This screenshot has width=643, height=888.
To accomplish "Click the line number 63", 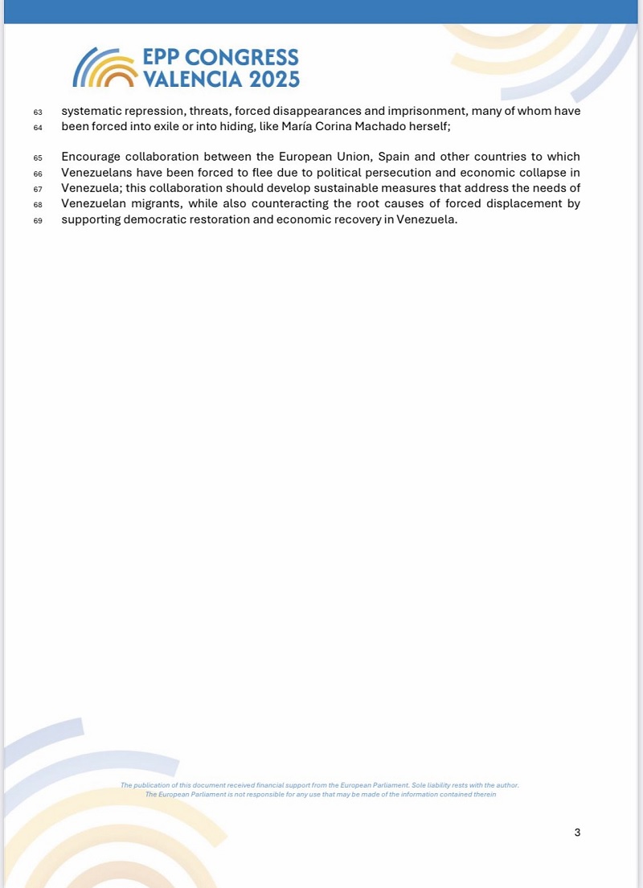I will coord(37,112).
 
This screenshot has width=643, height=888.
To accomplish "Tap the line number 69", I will coord(37,221).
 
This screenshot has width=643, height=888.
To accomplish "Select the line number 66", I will coord(37,173).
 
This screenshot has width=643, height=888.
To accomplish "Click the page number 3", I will coord(577,832).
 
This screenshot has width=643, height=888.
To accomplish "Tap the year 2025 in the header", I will coord(274,79).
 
